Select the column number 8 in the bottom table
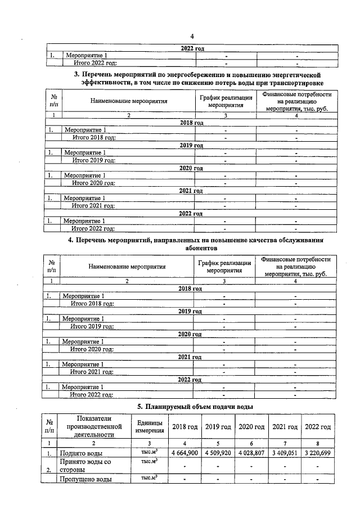pyautogui.click(x=318, y=443)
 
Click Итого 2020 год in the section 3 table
pyautogui.click(x=93, y=183)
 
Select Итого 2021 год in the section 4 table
pyautogui.click(x=92, y=371)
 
